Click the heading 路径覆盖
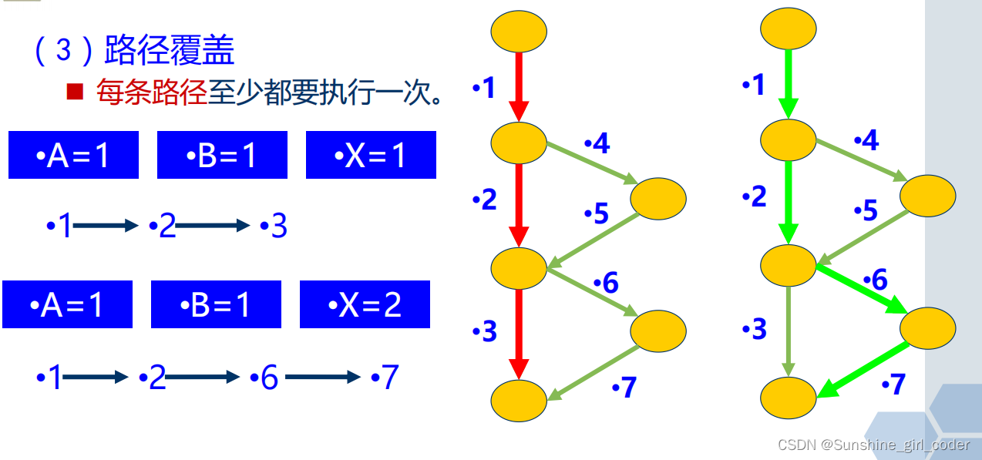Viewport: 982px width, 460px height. tap(169, 51)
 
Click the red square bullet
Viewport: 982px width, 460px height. tap(75, 92)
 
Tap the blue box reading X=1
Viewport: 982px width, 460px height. tap(371, 156)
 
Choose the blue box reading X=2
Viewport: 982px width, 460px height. tap(365, 305)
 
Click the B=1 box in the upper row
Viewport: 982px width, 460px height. tap(222, 156)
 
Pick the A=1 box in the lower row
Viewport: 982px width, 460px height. tap(68, 305)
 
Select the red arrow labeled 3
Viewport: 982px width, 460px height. tap(519, 334)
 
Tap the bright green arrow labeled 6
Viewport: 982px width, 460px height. tap(862, 289)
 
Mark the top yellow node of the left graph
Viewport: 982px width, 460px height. tap(519, 32)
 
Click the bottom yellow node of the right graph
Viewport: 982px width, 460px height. tap(789, 399)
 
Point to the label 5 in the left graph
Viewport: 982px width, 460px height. tap(598, 213)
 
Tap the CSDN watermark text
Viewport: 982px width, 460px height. tap(873, 445)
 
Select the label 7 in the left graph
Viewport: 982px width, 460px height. tap(625, 388)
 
